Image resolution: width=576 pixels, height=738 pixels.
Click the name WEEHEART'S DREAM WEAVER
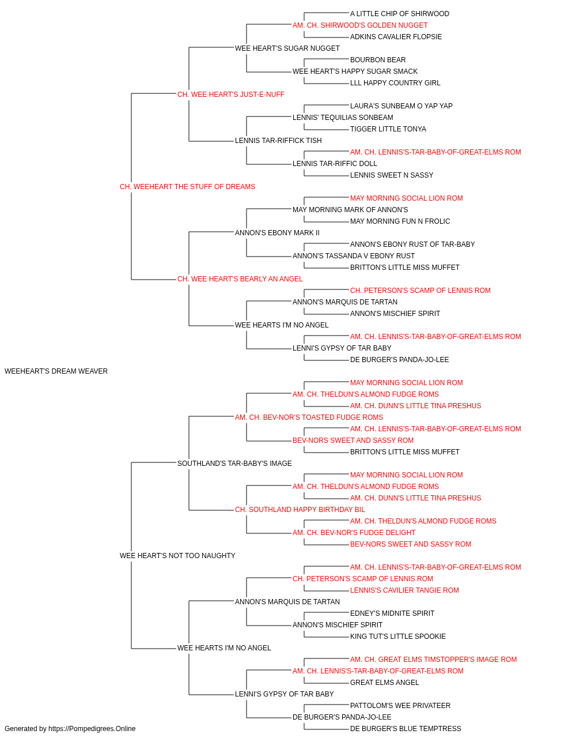click(x=56, y=371)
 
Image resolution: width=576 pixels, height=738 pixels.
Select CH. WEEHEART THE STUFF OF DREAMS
click(x=187, y=187)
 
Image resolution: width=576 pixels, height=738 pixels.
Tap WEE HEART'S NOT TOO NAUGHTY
click(x=177, y=556)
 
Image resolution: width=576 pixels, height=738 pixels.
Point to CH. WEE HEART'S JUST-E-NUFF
click(x=230, y=95)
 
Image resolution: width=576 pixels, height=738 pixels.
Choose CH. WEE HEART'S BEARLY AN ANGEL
click(x=240, y=279)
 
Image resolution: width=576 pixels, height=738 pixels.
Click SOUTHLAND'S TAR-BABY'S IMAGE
click(x=234, y=463)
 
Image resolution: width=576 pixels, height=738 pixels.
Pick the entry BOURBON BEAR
click(x=378, y=60)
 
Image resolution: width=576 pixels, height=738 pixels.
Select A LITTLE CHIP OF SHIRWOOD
click(x=400, y=14)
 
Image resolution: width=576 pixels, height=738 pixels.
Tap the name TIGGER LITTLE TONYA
click(x=388, y=129)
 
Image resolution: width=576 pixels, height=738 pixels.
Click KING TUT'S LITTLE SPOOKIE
click(x=398, y=637)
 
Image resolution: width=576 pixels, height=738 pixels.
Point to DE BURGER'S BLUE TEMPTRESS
click(x=406, y=729)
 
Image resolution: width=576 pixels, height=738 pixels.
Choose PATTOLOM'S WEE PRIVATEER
click(x=400, y=705)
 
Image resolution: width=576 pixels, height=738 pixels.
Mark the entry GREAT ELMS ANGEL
click(x=384, y=682)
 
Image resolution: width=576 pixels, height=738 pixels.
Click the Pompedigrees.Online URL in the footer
click(x=92, y=729)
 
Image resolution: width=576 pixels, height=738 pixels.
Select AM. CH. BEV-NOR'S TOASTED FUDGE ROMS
click(x=309, y=417)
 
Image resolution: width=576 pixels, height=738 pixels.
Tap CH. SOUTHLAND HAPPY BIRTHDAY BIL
click(x=300, y=510)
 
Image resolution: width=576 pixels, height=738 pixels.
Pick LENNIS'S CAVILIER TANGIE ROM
click(x=404, y=590)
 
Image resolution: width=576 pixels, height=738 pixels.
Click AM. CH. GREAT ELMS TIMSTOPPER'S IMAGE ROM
click(x=434, y=660)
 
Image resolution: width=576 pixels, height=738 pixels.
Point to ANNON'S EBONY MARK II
click(x=277, y=232)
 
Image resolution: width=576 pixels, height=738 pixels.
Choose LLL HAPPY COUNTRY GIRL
click(x=395, y=83)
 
